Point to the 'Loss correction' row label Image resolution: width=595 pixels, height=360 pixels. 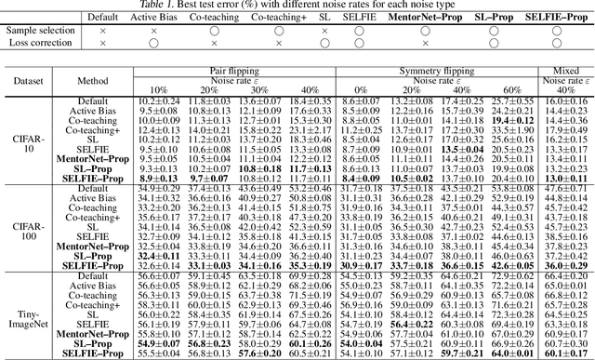(x=38, y=43)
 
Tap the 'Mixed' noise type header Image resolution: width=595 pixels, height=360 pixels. (x=562, y=71)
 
